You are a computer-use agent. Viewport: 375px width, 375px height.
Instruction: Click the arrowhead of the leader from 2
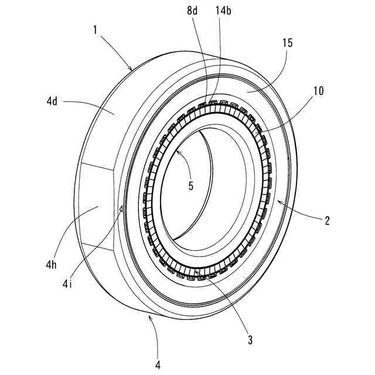[278, 200]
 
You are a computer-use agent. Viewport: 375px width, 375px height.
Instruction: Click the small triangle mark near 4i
[121, 207]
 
